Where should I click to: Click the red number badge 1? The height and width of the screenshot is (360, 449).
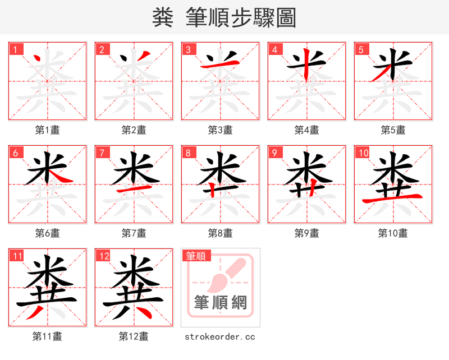point(15,49)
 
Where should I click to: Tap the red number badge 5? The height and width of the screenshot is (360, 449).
point(361,49)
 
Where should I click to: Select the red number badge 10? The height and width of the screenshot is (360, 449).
point(363,153)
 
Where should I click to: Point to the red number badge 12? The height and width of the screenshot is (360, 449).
point(103,256)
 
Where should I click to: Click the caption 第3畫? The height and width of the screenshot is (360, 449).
point(220,130)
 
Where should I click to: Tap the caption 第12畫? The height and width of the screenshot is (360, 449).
point(134,336)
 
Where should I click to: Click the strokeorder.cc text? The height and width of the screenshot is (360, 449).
point(220,336)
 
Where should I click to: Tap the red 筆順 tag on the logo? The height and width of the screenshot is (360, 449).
point(196,256)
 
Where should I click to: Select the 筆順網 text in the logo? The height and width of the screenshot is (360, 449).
point(221,303)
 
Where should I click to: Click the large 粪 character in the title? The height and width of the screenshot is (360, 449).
point(163,18)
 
